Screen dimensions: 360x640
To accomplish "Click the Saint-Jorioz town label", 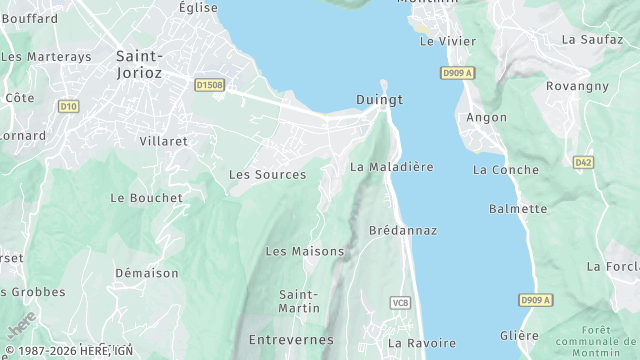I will (x=141, y=65).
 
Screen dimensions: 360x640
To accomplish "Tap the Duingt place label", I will (x=379, y=100).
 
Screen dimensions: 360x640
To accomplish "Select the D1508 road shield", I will (x=210, y=85).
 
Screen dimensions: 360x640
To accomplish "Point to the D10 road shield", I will (x=68, y=105).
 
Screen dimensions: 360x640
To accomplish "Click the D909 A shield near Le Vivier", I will (x=456, y=73).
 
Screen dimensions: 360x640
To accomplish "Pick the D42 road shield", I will (x=583, y=161).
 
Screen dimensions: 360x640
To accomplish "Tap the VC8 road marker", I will (x=400, y=303).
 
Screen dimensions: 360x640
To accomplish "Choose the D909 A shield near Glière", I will (x=536, y=300).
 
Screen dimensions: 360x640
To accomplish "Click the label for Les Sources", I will (x=267, y=174).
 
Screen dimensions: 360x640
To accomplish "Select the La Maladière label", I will (x=392, y=167).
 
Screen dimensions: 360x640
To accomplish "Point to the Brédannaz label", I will (x=403, y=230).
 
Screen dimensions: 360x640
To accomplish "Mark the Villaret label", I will (x=164, y=141).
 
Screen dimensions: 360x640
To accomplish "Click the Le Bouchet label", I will (x=147, y=198).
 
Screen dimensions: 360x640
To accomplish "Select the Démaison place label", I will (x=146, y=272).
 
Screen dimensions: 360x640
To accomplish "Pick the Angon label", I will (x=487, y=117).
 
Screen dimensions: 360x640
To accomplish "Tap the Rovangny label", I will (x=577, y=86).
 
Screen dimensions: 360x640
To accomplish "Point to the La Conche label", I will (x=507, y=170).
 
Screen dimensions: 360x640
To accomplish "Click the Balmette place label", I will (x=518, y=209).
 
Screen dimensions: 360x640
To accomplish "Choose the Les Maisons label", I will (x=304, y=251).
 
